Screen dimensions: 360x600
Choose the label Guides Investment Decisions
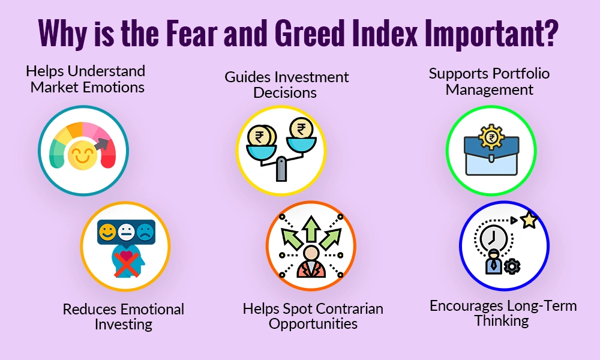(x=286, y=85)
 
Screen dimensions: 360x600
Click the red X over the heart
(x=125, y=262)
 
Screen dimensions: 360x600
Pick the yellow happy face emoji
(x=107, y=232)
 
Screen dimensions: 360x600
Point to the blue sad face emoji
(x=144, y=232)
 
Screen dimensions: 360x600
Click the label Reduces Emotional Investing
(x=123, y=316)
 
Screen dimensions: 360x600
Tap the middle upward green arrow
(x=311, y=229)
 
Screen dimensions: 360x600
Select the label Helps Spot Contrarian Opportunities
(x=313, y=316)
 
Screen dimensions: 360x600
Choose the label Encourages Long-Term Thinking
(x=503, y=313)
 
